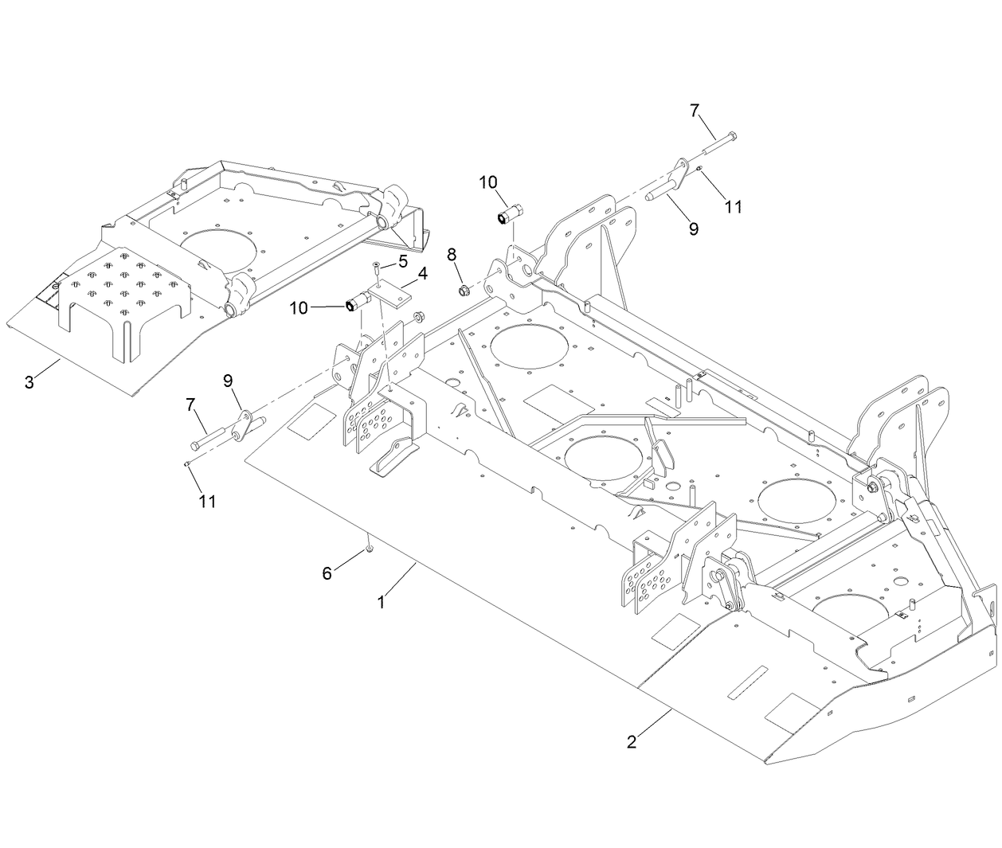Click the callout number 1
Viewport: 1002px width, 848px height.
[x=382, y=603]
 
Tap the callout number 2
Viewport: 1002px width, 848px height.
[x=632, y=742]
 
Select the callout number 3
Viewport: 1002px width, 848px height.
[x=29, y=381]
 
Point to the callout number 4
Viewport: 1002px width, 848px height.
[x=422, y=274]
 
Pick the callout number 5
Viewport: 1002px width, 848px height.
[x=403, y=260]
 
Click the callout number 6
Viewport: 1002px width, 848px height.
[x=327, y=572]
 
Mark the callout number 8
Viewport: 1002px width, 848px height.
[x=452, y=255]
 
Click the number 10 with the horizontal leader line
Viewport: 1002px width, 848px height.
[x=299, y=308]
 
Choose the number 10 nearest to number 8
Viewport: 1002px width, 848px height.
[x=488, y=182]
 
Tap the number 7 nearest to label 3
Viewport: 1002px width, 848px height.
[x=191, y=404]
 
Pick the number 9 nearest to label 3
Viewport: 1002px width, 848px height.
[x=229, y=381]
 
